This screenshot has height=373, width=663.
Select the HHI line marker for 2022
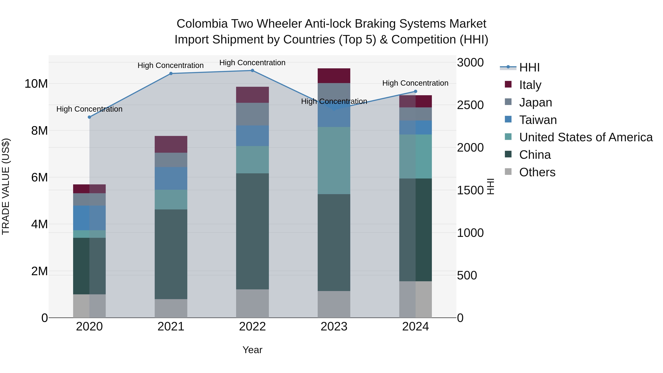tap(252, 71)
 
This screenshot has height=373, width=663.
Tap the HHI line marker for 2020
tap(89, 117)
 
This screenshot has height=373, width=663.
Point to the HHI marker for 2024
tap(415, 91)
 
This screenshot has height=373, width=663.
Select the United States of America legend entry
tap(585, 137)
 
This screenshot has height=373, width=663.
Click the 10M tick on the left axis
tap(36, 84)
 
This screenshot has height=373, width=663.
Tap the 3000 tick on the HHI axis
tap(470, 63)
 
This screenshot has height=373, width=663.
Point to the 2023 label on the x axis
tap(334, 327)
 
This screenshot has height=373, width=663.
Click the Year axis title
tap(252, 350)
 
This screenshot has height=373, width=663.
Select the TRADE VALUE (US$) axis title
tap(6, 186)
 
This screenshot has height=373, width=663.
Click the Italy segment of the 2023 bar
tap(334, 76)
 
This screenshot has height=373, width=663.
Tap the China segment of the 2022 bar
tap(252, 231)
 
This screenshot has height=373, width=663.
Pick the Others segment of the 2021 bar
tap(171, 308)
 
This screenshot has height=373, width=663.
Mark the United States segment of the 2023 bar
tap(334, 160)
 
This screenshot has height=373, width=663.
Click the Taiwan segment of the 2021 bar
tap(171, 178)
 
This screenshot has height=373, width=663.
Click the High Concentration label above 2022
tap(252, 63)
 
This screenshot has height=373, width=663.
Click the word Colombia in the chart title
tap(202, 24)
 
